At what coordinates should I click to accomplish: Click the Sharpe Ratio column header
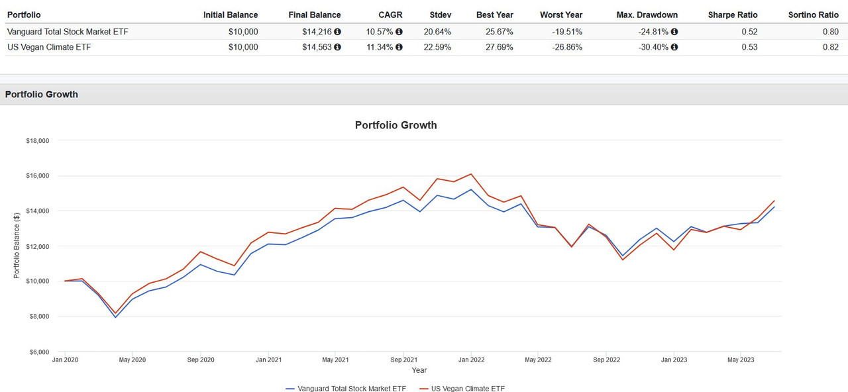pos(732,15)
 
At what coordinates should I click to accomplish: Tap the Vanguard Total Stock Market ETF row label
pos(68,31)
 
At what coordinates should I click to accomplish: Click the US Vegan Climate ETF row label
pos(50,47)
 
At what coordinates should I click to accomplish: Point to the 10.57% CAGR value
pos(380,31)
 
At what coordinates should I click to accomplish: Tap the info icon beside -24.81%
pos(674,31)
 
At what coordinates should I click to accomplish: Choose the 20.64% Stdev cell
pos(437,31)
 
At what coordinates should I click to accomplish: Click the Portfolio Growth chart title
pos(396,125)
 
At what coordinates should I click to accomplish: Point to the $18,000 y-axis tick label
pos(38,141)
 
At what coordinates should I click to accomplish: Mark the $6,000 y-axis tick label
pos(38,352)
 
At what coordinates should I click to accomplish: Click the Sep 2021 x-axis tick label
pos(403,360)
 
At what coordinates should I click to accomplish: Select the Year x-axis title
pos(419,370)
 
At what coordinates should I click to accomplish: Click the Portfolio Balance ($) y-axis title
pos(17,246)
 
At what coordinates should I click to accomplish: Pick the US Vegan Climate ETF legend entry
pos(462,389)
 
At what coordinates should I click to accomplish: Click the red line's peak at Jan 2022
pos(471,174)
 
